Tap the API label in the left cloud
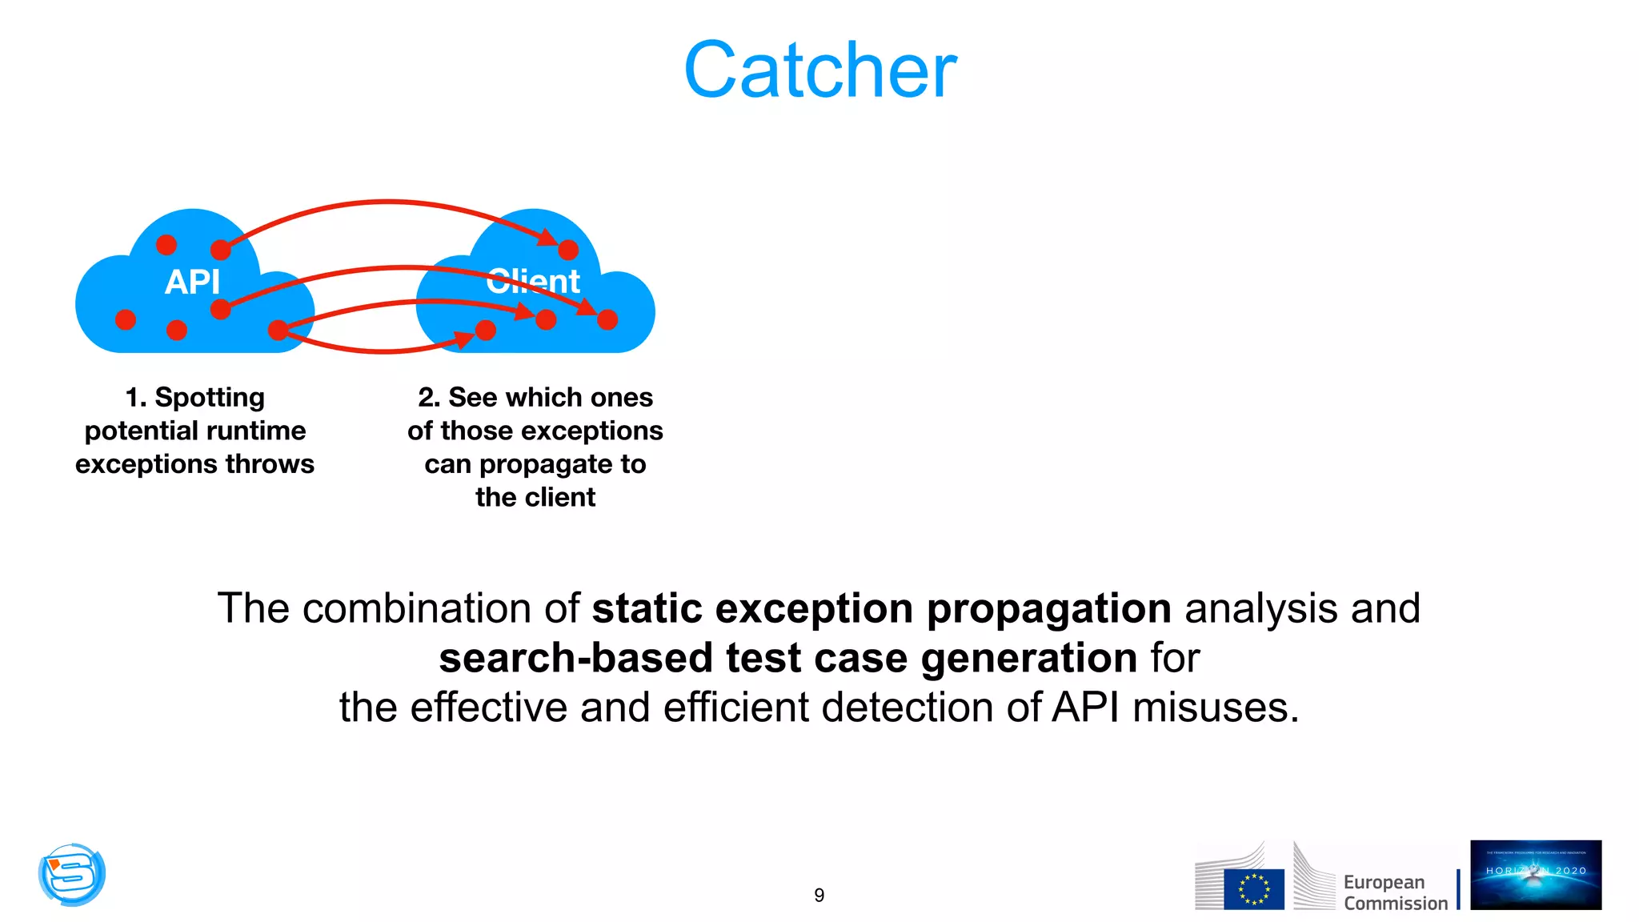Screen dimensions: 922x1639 click(192, 282)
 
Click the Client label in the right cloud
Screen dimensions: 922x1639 click(533, 282)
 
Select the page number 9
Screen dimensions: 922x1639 click(819, 895)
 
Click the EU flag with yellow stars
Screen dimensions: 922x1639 click(1253, 888)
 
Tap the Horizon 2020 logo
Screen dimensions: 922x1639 click(1535, 874)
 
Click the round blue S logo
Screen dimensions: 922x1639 click(72, 874)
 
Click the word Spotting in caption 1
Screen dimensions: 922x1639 click(210, 397)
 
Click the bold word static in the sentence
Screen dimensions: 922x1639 click(647, 608)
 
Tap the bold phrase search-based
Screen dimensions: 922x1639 click(575, 658)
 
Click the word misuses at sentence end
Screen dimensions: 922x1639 click(1214, 708)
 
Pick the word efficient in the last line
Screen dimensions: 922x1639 click(735, 708)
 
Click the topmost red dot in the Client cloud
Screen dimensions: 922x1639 click(568, 250)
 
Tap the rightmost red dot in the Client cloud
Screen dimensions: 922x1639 click(607, 319)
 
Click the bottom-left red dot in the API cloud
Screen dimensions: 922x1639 click(126, 319)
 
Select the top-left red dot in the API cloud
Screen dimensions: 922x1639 click(166, 244)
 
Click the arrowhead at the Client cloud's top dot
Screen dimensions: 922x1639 click(548, 238)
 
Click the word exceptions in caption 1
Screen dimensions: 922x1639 click(146, 464)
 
